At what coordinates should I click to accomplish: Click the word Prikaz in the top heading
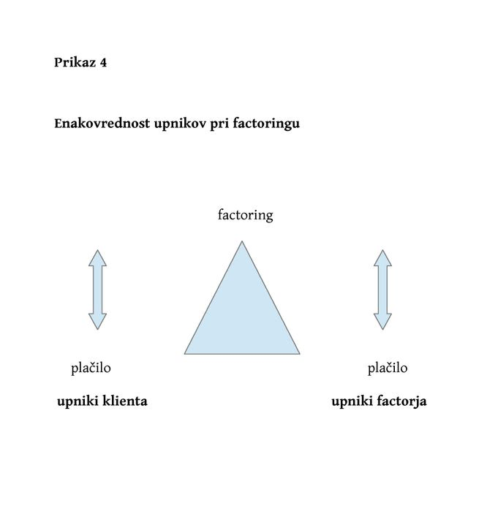point(75,62)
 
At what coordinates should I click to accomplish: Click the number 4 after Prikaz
point(103,62)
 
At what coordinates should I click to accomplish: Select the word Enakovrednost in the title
point(102,124)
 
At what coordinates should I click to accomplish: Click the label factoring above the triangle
point(245,215)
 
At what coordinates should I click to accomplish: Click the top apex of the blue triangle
point(242,241)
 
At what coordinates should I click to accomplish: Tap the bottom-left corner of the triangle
point(184,354)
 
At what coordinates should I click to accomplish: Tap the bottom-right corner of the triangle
point(300,354)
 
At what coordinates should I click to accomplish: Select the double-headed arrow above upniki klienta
point(97,290)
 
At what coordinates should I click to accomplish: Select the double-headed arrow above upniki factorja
point(382,290)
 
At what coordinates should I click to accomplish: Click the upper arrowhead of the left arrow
point(97,258)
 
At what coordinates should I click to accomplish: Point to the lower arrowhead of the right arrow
point(382,322)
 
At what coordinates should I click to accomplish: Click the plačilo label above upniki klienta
point(91,369)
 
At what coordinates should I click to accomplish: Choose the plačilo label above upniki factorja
point(388,369)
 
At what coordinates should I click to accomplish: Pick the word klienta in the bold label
point(125,401)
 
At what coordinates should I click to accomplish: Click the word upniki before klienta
point(78,402)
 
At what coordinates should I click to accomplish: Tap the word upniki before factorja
point(352,402)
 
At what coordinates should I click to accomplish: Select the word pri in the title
point(219,124)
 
